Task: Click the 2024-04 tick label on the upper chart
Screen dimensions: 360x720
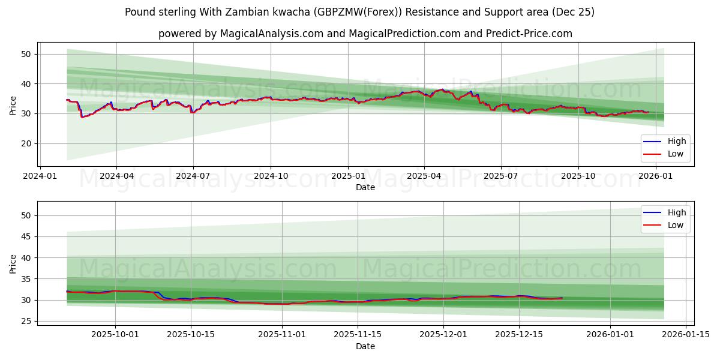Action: (116, 176)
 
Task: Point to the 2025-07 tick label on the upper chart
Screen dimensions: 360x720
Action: (501, 176)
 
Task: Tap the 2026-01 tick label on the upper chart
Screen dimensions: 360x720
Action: (656, 176)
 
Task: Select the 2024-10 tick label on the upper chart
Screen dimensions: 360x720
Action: (271, 176)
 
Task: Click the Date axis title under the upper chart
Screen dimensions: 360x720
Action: (365, 187)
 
